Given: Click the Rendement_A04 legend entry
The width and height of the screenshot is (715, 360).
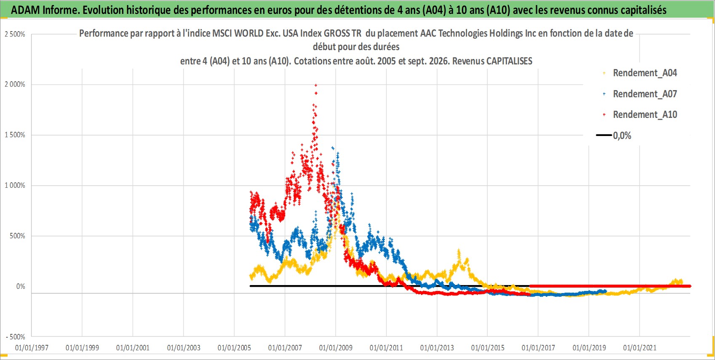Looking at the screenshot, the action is (x=640, y=73).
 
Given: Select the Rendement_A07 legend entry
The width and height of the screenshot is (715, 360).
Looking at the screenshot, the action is (x=640, y=94).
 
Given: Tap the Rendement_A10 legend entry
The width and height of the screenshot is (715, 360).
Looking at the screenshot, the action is (x=640, y=115).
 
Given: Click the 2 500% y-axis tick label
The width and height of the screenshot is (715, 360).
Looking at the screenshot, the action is (x=15, y=34).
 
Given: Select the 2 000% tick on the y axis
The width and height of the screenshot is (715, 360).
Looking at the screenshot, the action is (x=15, y=85).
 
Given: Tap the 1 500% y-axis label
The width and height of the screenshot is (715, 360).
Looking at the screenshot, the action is (x=15, y=135).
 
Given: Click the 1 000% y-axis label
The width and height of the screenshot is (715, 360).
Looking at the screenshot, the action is (x=15, y=185).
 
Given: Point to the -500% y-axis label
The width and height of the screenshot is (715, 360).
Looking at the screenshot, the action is (x=16, y=337).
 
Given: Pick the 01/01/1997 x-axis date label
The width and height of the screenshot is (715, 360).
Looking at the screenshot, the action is (x=32, y=348).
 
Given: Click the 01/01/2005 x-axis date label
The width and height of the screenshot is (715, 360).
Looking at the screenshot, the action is (x=234, y=348).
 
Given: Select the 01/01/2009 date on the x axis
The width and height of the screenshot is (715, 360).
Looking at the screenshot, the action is (x=336, y=348).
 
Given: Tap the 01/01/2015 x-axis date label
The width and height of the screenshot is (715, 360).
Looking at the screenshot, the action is (x=488, y=348).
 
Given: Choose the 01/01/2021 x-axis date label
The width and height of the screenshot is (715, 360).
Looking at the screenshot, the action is (x=640, y=348).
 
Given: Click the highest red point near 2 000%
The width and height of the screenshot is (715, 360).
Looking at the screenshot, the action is (x=316, y=85).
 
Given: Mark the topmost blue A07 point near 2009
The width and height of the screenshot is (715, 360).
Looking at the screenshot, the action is (x=333, y=148).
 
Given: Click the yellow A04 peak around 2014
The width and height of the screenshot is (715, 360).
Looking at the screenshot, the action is (x=459, y=251).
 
